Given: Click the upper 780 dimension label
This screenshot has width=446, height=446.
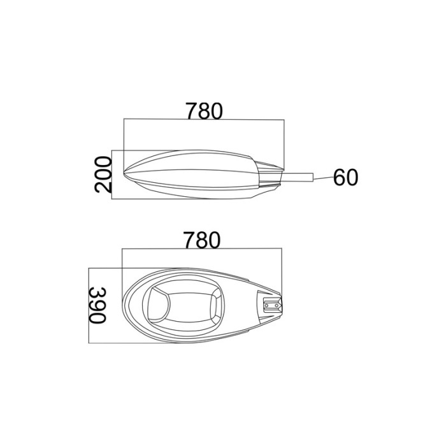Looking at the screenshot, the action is click(x=204, y=111).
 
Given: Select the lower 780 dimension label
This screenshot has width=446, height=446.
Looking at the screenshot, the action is click(x=202, y=240).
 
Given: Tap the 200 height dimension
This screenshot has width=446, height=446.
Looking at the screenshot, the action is click(x=103, y=175).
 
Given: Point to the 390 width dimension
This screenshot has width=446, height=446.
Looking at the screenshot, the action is click(x=97, y=305).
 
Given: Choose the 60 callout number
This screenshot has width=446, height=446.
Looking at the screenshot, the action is click(x=345, y=177).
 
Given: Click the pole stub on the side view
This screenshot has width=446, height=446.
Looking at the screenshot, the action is click(x=297, y=177).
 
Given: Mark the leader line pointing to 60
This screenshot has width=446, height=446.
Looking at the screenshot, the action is click(x=324, y=178).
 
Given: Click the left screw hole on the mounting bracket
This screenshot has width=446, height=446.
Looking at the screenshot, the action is click(x=266, y=305).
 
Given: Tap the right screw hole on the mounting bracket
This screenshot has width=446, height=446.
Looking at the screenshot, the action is click(x=276, y=305).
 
